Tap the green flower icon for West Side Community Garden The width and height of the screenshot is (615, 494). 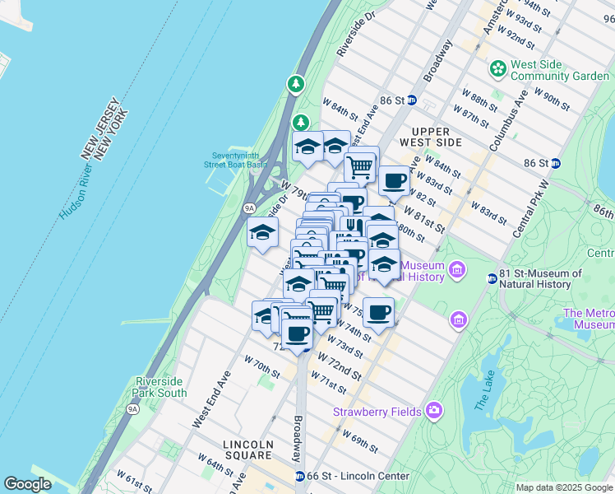tap(497, 69)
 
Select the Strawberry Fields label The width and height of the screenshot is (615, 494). tap(377, 412)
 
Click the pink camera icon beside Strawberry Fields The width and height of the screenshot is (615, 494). tap(433, 410)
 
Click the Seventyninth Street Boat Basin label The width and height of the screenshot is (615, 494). tap(239, 160)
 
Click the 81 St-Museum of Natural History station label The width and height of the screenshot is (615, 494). tap(534, 279)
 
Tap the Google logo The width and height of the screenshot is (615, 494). tap(27, 484)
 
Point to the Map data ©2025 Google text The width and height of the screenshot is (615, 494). tap(563, 487)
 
